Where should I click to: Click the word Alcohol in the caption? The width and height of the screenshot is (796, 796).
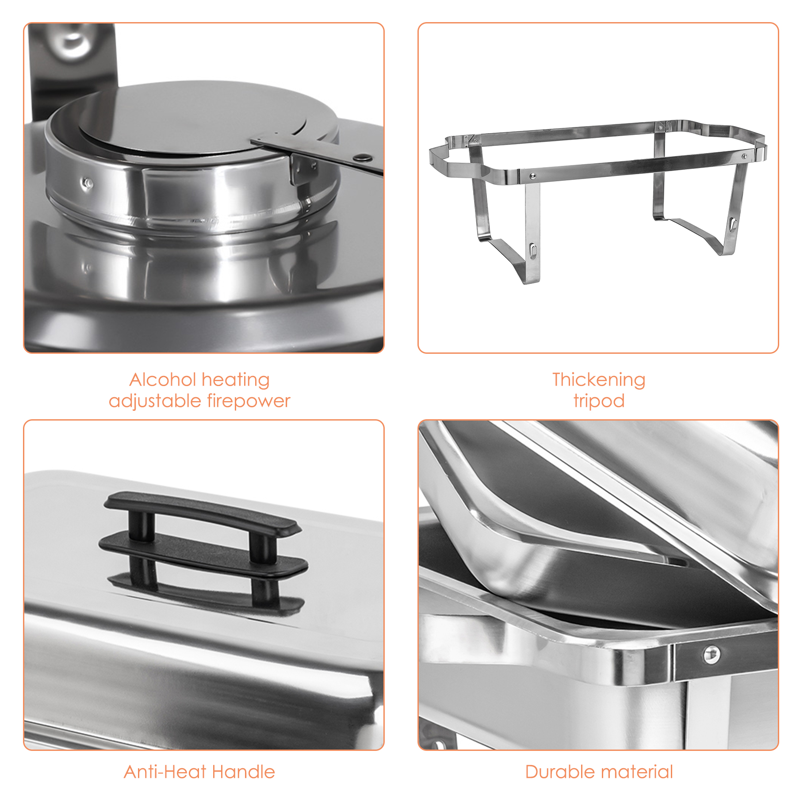tap(162, 379)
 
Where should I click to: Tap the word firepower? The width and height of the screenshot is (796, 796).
tap(249, 401)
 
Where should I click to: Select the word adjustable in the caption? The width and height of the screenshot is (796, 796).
tap(155, 402)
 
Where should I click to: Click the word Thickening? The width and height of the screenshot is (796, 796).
tap(598, 379)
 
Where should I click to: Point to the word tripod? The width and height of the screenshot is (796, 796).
tap(599, 401)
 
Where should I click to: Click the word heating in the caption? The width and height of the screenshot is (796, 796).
tap(235, 380)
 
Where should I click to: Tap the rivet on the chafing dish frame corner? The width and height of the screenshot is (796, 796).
tap(711, 654)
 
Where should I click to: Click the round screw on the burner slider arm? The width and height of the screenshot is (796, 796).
tap(364, 157)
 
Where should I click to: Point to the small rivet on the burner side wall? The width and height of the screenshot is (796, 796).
tap(88, 183)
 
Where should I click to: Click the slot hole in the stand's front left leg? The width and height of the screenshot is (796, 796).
tap(533, 251)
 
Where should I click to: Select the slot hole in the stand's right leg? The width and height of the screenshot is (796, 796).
tap(733, 223)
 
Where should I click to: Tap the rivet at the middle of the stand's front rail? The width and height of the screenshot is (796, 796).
tap(532, 176)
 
